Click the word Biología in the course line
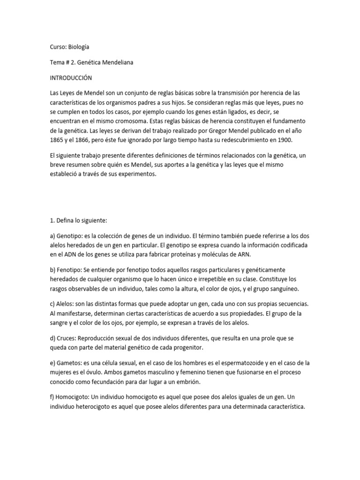(79, 47)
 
